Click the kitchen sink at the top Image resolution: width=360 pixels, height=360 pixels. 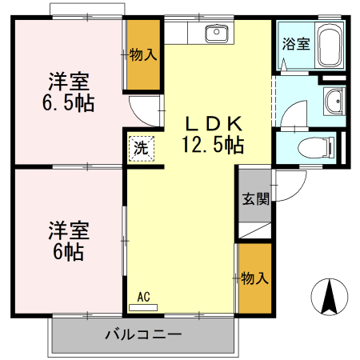click(215, 34)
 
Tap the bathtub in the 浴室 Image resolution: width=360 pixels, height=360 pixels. click(329, 44)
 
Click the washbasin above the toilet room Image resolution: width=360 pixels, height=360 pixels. click(334, 100)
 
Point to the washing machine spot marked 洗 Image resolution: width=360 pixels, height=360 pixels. click(141, 147)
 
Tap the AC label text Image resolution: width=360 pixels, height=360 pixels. click(143, 297)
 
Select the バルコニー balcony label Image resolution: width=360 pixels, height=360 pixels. click(144, 334)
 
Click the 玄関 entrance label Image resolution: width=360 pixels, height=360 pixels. click(255, 199)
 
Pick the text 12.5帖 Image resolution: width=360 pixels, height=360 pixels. click(213, 146)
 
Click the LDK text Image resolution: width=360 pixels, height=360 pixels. click(213, 124)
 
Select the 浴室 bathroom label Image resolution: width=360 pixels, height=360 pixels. click(294, 44)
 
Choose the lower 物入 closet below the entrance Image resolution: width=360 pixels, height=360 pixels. click(254, 278)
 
